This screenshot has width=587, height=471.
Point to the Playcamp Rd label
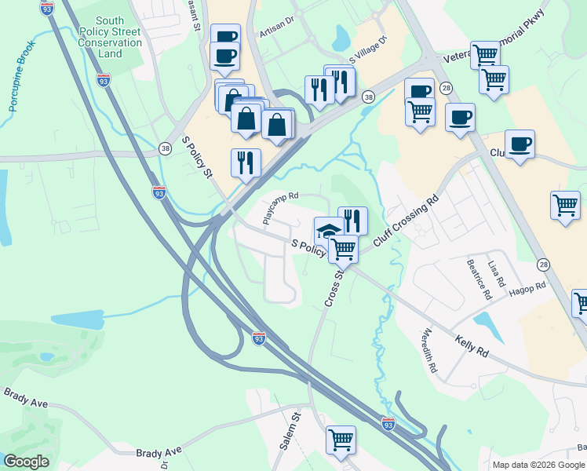(x=281, y=209)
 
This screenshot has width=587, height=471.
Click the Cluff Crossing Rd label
(x=405, y=223)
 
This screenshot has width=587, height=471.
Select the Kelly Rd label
(x=472, y=345)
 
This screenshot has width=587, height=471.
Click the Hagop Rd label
(x=528, y=290)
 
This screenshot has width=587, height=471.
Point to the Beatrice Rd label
(x=478, y=279)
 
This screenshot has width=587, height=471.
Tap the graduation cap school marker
(x=329, y=230)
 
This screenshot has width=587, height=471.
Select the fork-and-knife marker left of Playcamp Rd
(x=246, y=162)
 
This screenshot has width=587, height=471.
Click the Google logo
(x=26, y=462)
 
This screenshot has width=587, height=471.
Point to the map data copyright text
(x=538, y=465)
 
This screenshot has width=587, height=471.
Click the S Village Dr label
(x=368, y=49)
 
